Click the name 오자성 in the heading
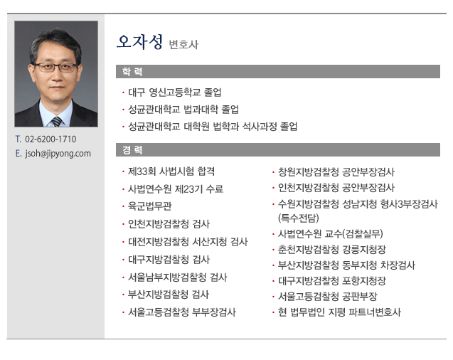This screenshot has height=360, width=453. pos(140,42)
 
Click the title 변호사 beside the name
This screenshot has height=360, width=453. pos(183,45)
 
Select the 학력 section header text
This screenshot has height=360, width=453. pos(132,72)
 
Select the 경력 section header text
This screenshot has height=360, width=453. pos(132,150)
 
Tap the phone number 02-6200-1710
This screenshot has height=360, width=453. pos(50,139)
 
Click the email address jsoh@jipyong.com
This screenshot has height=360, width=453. pos(58,154)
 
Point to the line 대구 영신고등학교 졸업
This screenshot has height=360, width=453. pos(175,92)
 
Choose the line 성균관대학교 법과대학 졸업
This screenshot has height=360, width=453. pos(183,110)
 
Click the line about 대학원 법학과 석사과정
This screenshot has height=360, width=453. pos(213,127)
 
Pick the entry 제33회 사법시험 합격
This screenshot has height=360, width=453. pos(171,171)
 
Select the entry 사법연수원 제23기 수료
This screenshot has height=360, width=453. pos(176,189)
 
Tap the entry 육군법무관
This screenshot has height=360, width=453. pos(150,206)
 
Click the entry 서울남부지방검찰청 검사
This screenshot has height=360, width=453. pos(178,277)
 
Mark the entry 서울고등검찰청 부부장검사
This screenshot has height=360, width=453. pos(182,312)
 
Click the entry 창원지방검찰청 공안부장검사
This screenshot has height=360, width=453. pos(336,172)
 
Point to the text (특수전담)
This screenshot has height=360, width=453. pos(299,218)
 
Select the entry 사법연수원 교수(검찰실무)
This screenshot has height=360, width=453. pos(330,234)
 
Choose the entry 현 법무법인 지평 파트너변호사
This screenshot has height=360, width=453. pos(339,312)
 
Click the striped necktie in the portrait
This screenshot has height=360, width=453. pos(57,122)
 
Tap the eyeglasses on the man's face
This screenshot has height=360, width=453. pos(55,68)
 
